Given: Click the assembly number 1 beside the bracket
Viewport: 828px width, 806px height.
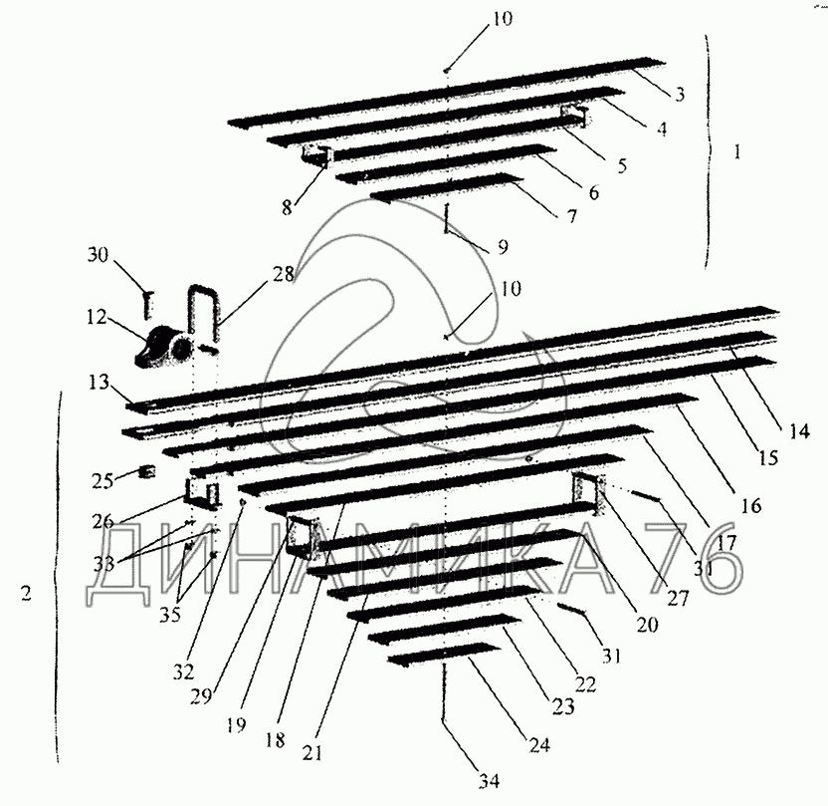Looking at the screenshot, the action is coord(736,153).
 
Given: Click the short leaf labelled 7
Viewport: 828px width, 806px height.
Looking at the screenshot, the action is coord(448,189).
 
